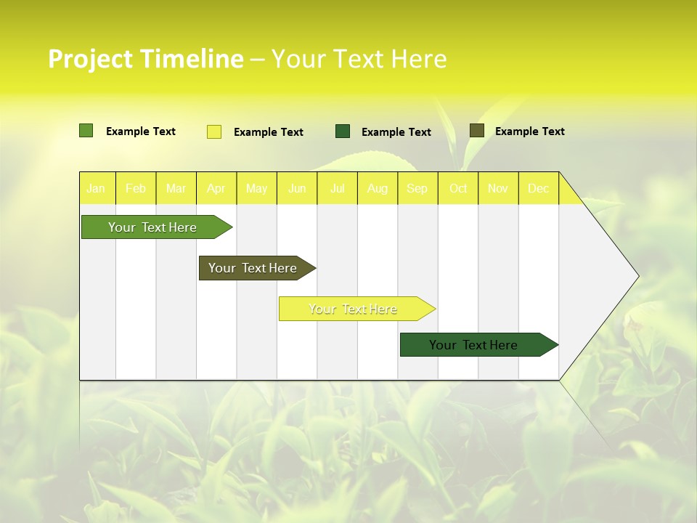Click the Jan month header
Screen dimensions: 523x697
tap(96, 188)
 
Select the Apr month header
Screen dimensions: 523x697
tap(216, 188)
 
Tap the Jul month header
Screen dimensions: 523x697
tap(338, 188)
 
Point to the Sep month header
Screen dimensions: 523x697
tap(417, 188)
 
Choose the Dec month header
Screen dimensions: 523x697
tap(539, 188)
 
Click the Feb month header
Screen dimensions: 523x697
tap(136, 188)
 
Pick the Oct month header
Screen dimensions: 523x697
tap(458, 188)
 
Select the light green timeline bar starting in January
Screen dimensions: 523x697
tap(152, 227)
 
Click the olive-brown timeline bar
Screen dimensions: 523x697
tap(253, 268)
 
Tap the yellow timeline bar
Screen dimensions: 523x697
tap(353, 309)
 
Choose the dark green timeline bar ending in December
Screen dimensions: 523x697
tap(473, 345)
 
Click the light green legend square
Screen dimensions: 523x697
tap(86, 131)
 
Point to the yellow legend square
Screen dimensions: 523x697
tap(214, 131)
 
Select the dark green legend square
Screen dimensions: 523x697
tap(343, 131)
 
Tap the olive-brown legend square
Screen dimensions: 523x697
tap(477, 131)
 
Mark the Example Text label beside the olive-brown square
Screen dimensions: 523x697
tap(530, 131)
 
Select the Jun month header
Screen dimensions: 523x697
tap(297, 188)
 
